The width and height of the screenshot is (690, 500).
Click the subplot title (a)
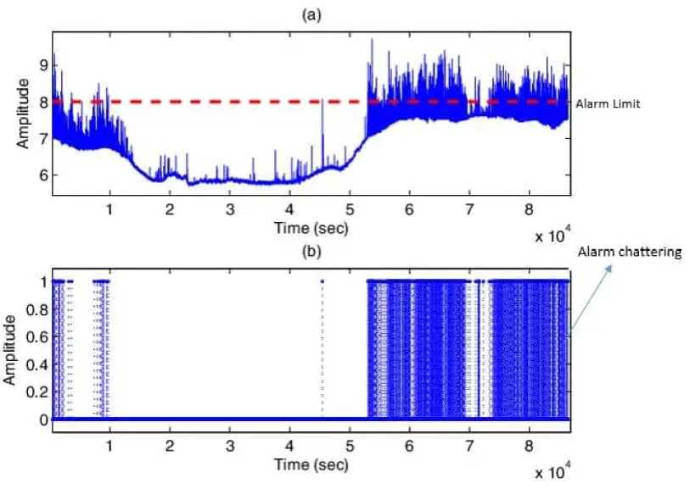click(310, 14)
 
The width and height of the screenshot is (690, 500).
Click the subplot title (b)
click(310, 251)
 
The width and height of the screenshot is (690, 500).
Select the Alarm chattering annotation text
click(629, 252)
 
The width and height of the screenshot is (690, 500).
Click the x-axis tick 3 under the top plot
click(229, 208)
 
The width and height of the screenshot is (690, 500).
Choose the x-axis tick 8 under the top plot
click(529, 208)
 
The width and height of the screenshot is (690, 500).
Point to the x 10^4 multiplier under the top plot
click(553, 236)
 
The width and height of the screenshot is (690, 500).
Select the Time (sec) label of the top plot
click(311, 227)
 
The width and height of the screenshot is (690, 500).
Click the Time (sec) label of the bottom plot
click(311, 464)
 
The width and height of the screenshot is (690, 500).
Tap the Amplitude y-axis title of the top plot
click(24, 113)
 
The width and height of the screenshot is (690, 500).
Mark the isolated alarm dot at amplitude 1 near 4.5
click(323, 281)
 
